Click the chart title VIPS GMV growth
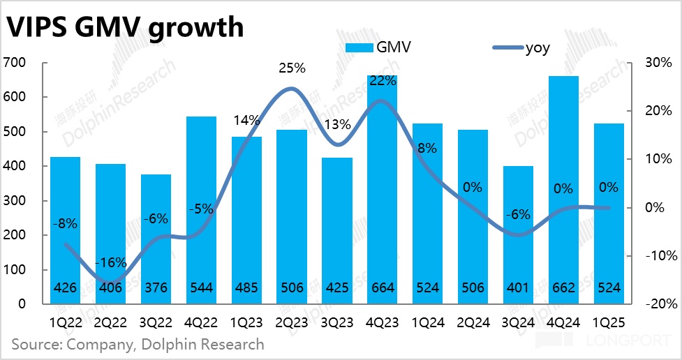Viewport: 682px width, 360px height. coord(126,27)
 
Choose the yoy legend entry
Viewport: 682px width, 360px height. coord(524,48)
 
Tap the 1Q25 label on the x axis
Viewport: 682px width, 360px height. coord(609,322)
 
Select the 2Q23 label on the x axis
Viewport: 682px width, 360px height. coord(291,322)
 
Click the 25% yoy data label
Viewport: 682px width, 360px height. coord(292,68)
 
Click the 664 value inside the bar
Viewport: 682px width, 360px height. coord(382,287)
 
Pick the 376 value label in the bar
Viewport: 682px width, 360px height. coord(156,287)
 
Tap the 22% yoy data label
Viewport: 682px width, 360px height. coord(383,81)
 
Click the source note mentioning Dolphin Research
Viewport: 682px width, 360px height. coord(138,344)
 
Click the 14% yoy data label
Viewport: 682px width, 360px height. coord(246,119)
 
